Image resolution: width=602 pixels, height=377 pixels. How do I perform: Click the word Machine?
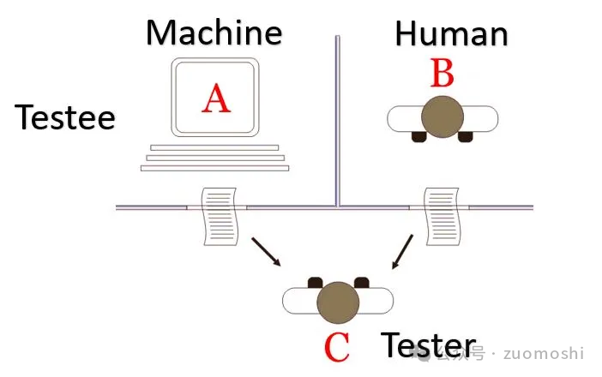coord(214,33)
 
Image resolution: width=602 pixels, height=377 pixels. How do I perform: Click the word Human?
coord(451,34)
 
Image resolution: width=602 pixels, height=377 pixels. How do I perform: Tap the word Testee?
coord(65,117)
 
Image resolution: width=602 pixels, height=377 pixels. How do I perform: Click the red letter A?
coord(216,99)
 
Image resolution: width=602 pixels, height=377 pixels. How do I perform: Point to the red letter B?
coord(442,75)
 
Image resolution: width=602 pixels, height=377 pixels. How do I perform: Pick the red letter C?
coord(337,347)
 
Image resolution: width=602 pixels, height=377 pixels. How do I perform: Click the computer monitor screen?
coord(215,97)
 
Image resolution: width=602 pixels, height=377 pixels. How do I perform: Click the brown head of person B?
coord(442,115)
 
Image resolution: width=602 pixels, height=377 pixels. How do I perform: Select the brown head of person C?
coord(338,302)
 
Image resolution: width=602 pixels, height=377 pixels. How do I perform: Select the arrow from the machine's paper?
coord(264,251)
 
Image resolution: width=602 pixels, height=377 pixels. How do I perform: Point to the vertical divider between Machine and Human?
coord(338,120)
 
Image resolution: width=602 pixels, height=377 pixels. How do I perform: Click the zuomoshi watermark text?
coord(544,354)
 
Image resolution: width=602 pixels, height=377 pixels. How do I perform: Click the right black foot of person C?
coord(361,282)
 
